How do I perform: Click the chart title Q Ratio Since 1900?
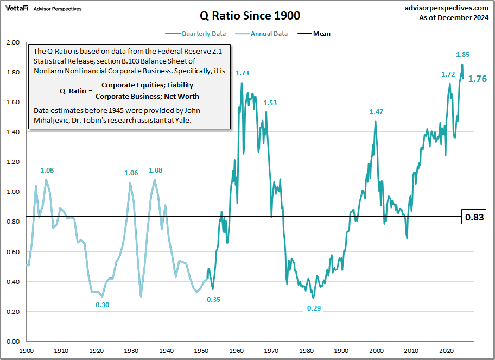tap(247, 15)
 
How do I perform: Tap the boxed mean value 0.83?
tap(473, 218)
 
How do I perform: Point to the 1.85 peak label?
tap(462, 54)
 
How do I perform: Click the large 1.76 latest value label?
tap(477, 79)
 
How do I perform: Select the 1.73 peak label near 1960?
tap(242, 73)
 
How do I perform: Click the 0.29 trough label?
tap(314, 308)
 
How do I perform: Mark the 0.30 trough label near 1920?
tap(102, 305)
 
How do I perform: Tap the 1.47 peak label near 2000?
tap(376, 111)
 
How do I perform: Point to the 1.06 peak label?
tap(131, 173)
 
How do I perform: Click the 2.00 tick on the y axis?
tap(12, 42)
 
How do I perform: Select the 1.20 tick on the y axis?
tap(12, 162)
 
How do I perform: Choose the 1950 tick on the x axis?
tap(202, 351)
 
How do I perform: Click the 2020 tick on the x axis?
tap(446, 351)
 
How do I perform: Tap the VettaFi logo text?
tap(17, 9)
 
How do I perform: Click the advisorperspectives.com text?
tap(447, 8)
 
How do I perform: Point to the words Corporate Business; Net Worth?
tap(147, 96)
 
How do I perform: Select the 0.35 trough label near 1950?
tap(213, 299)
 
